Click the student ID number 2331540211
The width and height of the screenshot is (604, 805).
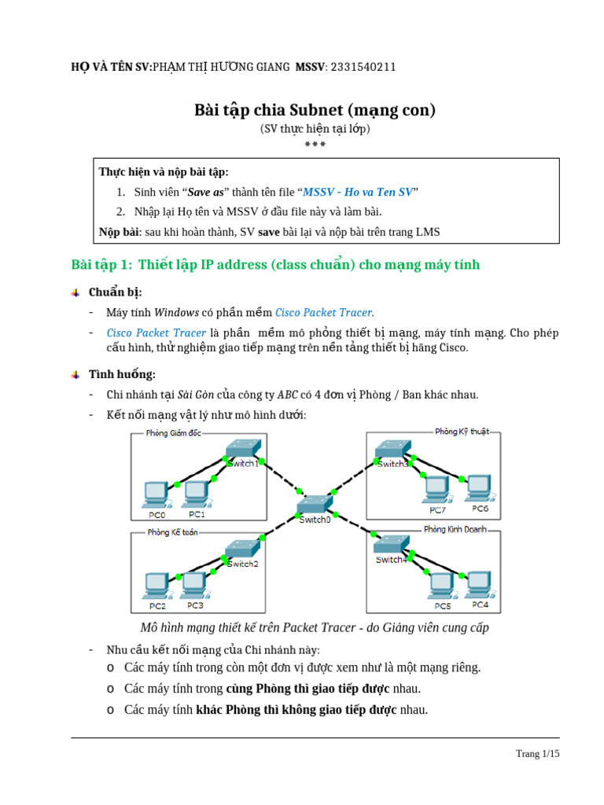(363, 67)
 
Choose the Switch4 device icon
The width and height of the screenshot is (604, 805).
(390, 545)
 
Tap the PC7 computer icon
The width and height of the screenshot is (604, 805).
(435, 488)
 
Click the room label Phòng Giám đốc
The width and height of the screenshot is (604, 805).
(173, 433)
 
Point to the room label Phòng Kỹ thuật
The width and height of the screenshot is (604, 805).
(462, 431)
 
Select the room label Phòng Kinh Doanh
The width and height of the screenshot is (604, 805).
(455, 529)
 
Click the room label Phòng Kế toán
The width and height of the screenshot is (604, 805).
(172, 532)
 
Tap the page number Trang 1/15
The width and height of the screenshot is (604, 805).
(537, 753)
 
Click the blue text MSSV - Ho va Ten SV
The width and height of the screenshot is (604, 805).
(358, 192)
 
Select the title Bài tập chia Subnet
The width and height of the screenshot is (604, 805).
(315, 109)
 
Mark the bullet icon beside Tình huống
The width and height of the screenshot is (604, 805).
(75, 374)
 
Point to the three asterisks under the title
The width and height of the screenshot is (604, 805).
(315, 144)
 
